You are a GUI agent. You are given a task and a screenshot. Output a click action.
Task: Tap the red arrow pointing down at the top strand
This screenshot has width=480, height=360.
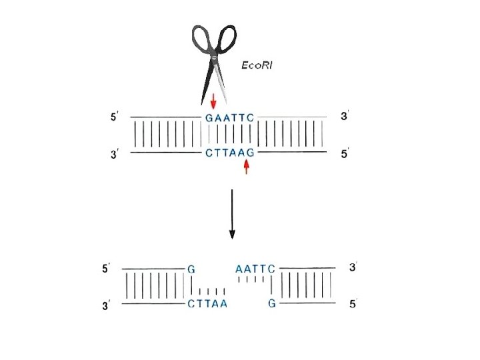tap(213, 101)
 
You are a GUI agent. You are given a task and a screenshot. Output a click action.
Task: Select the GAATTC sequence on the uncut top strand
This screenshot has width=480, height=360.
tap(230, 118)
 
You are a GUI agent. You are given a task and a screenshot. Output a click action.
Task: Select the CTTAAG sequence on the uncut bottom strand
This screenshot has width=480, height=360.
tap(230, 153)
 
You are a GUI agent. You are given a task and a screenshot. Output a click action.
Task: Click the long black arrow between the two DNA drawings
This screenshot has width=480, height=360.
tap(232, 214)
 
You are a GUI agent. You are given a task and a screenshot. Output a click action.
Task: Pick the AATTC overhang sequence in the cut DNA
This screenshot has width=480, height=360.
tap(255, 269)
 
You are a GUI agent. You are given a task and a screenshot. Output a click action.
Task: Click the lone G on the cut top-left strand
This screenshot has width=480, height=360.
tap(191, 269)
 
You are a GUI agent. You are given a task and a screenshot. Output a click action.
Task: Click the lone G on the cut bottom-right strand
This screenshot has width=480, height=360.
tap(271, 304)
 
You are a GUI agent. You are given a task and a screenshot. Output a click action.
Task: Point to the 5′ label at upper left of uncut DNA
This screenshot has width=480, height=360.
tap(114, 117)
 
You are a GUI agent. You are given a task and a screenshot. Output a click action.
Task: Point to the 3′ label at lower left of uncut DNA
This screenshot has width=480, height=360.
tap(114, 155)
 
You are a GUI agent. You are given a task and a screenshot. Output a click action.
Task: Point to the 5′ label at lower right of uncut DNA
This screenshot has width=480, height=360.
tap(345, 155)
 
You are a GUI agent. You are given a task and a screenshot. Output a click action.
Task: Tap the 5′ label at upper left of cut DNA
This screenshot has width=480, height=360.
tap(105, 269)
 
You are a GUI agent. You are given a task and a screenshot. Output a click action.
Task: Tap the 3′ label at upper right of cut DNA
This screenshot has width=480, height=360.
tap(353, 267)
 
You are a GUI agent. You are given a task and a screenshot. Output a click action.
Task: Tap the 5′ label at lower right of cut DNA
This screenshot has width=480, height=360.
tap(353, 305)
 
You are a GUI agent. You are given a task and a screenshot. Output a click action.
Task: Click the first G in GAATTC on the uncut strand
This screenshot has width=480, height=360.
tap(209, 118)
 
